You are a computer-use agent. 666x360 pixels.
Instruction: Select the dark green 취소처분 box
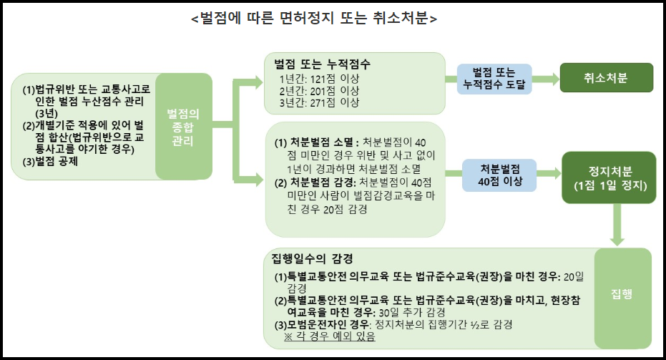[606, 78]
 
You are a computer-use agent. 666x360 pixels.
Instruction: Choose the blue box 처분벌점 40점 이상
[501, 175]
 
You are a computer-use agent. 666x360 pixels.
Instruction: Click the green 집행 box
[622, 296]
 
